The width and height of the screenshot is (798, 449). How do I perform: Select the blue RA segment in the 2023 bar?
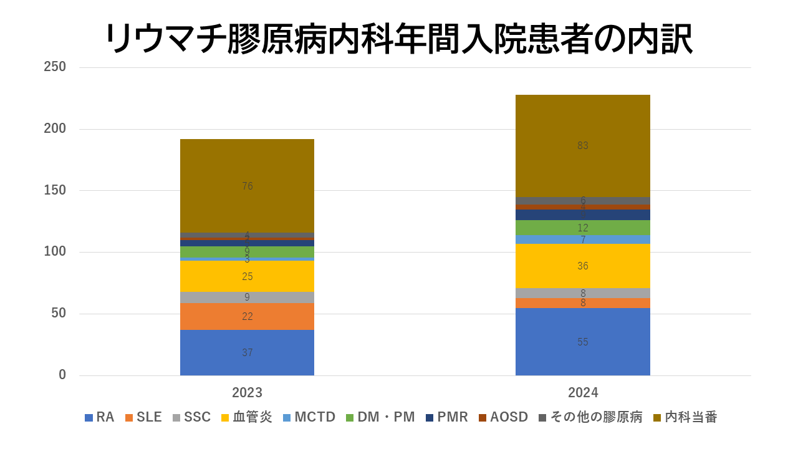point(247,352)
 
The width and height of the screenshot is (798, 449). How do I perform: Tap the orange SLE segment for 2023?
point(247,316)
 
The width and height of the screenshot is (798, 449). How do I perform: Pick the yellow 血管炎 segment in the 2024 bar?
point(582,266)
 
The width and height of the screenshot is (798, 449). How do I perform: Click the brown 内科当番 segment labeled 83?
point(582,146)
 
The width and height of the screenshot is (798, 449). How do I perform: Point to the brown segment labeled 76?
point(247,186)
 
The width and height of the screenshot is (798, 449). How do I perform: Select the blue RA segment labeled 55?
point(582,342)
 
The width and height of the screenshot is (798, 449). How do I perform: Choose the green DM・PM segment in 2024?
point(582,228)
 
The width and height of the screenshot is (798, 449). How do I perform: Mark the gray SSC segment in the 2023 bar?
point(247,297)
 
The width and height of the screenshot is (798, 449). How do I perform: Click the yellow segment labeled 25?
point(247,276)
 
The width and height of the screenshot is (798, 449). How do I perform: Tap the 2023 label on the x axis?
point(247,393)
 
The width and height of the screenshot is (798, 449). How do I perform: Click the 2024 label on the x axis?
point(582,393)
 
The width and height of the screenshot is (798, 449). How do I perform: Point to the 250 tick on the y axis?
point(55,67)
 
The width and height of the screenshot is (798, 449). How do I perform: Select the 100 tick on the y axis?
point(55,252)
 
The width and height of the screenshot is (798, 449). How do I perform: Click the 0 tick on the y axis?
point(62,375)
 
